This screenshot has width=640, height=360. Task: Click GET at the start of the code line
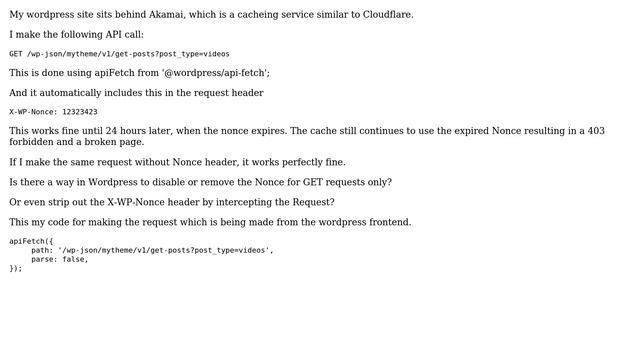click(16, 54)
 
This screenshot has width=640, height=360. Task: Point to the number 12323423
click(79, 112)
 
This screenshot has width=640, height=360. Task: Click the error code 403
click(594, 131)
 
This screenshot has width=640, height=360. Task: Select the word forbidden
click(31, 142)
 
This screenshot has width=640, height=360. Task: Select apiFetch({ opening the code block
click(31, 241)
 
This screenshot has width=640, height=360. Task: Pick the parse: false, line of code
click(59, 259)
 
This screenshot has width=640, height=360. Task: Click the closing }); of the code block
click(16, 268)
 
